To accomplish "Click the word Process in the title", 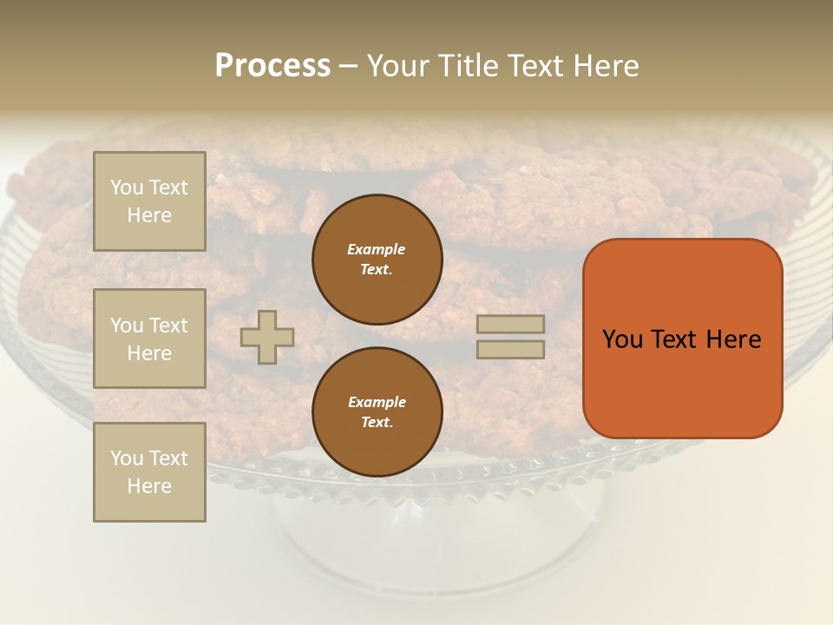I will pyautogui.click(x=272, y=66).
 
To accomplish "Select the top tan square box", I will pyautogui.click(x=149, y=201).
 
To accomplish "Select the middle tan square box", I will pyautogui.click(x=149, y=339).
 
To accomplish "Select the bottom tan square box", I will pyautogui.click(x=149, y=472).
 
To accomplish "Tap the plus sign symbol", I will pyautogui.click(x=267, y=337).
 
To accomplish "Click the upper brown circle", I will pyautogui.click(x=377, y=260).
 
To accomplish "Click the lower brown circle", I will pyautogui.click(x=377, y=412).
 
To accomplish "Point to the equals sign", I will pyautogui.click(x=510, y=337).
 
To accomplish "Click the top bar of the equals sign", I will pyautogui.click(x=510, y=325).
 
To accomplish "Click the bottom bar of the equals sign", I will pyautogui.click(x=510, y=349).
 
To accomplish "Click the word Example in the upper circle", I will pyautogui.click(x=377, y=249).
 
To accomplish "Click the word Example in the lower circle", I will pyautogui.click(x=377, y=402).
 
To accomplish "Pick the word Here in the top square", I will pyautogui.click(x=149, y=215).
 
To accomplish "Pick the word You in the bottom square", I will pyautogui.click(x=127, y=458).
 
